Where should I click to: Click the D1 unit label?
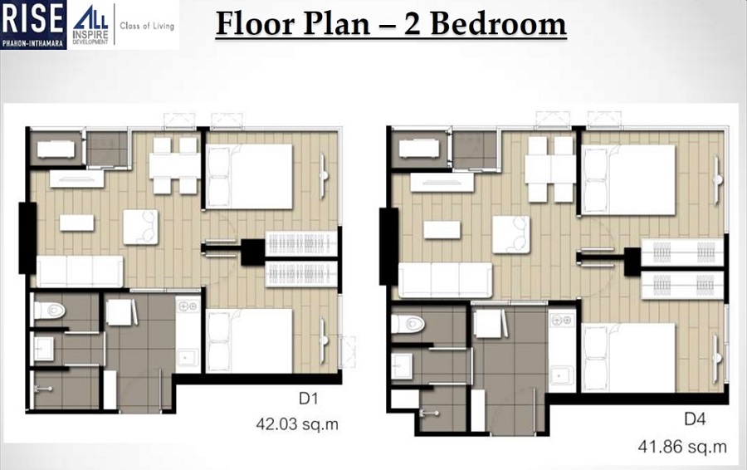[x=308, y=399]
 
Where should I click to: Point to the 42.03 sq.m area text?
[x=299, y=426]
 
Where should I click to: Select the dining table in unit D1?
[x=175, y=164]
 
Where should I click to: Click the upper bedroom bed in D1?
[x=249, y=176]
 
